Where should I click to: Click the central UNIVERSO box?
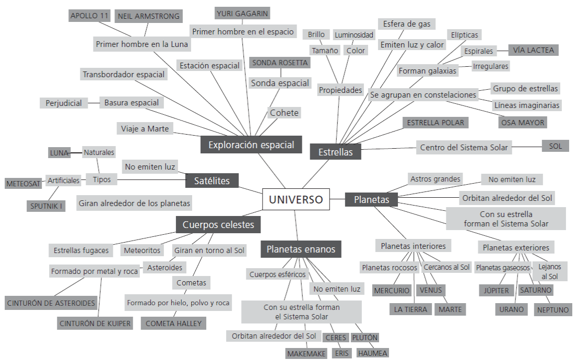(296, 199)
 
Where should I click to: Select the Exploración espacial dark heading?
(251, 145)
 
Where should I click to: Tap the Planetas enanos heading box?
(301, 249)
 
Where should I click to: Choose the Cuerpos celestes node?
(218, 225)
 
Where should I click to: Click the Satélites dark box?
(212, 181)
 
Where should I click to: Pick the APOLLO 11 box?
(89, 16)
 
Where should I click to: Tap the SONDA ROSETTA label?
(279, 63)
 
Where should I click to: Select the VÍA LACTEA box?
(533, 50)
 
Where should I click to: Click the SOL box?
(556, 146)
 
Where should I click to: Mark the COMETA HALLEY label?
(173, 323)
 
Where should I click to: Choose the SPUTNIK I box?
(46, 206)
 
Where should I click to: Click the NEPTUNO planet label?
(553, 309)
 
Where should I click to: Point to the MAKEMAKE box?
(306, 354)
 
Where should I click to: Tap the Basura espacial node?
(132, 102)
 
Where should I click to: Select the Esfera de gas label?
(407, 24)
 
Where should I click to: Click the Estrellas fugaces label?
(81, 250)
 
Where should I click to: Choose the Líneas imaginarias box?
(526, 105)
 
